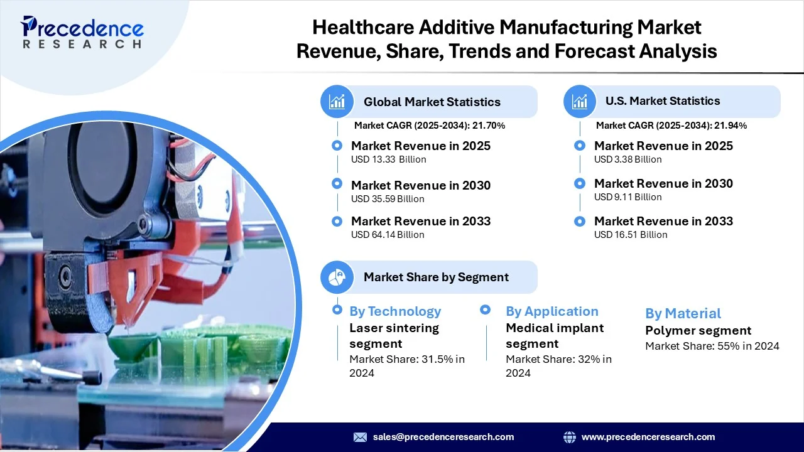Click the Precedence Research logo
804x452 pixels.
click(82, 32)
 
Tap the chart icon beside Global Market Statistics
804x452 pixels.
click(337, 102)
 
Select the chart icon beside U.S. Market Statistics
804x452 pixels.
click(580, 102)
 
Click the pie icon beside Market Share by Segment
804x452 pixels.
click(337, 277)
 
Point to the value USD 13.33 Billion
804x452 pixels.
click(388, 159)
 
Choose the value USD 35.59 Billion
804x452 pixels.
click(388, 199)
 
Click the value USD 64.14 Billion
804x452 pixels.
click(388, 235)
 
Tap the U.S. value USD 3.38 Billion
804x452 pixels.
click(627, 159)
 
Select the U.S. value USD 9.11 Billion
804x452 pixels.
click(627, 197)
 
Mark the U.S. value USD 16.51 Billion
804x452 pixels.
click(631, 235)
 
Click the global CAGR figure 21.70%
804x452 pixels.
click(489, 126)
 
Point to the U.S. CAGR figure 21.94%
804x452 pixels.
click(731, 126)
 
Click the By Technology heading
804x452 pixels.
click(395, 311)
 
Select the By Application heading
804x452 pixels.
click(552, 311)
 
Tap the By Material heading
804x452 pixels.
click(683, 313)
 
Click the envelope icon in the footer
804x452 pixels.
click(360, 437)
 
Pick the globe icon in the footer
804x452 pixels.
click(569, 437)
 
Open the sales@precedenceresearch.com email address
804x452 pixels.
click(443, 437)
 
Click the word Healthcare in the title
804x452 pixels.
click(363, 27)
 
